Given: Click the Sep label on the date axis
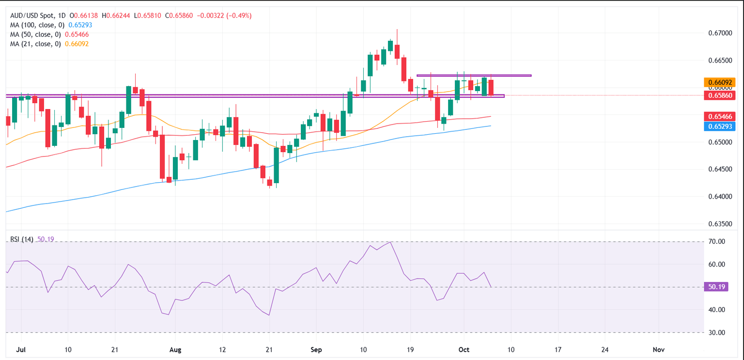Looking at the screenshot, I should tap(316, 349).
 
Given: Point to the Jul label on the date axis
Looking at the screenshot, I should tap(20, 349).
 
